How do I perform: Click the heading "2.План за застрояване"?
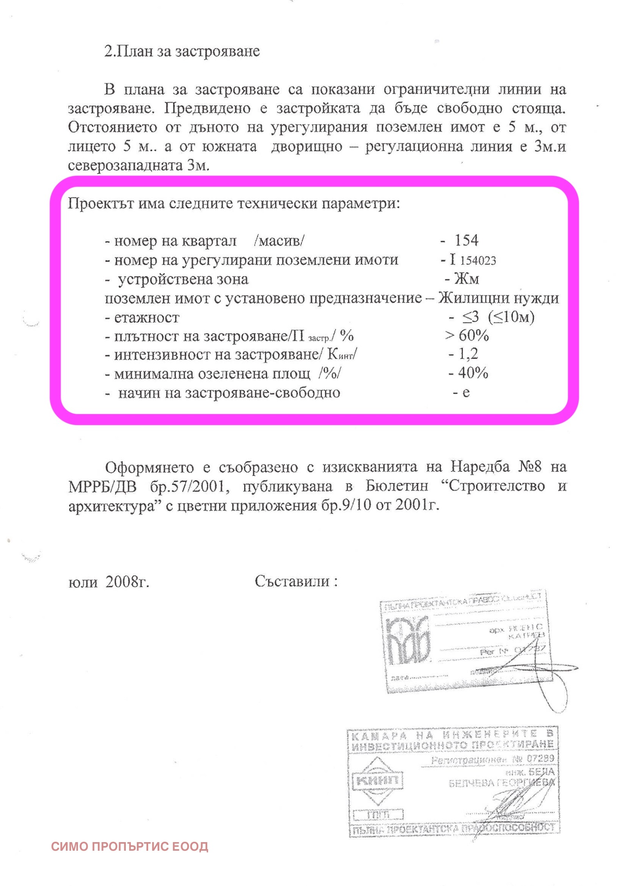click(x=182, y=51)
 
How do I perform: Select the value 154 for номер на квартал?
click(x=466, y=240)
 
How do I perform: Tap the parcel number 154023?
click(x=478, y=261)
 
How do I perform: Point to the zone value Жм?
click(x=466, y=279)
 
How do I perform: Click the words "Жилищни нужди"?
click(x=498, y=298)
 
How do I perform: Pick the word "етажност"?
click(x=147, y=317)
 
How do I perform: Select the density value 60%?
click(x=474, y=335)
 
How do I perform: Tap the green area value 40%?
click(x=473, y=373)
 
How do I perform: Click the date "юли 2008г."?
click(x=109, y=582)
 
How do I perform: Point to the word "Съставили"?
click(x=292, y=581)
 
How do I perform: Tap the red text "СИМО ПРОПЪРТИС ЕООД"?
click(x=130, y=847)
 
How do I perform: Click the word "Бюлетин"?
click(x=397, y=486)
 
